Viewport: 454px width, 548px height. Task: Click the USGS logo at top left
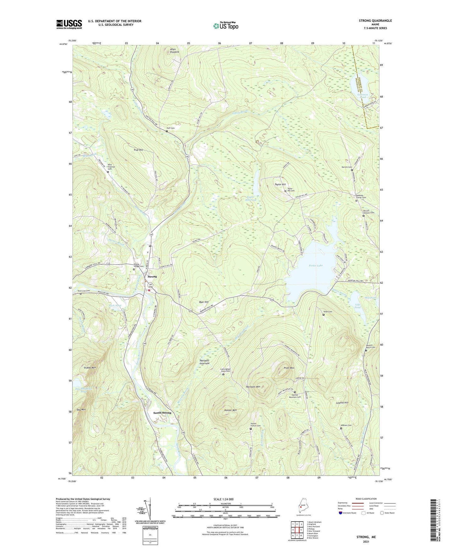[69, 24]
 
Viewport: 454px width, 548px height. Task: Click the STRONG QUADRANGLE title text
[375, 21]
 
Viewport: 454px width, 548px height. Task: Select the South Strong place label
[162, 413]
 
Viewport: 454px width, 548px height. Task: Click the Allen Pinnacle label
[174, 51]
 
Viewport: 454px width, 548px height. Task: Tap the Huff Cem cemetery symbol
[167, 132]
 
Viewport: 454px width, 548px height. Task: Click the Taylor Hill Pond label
[251, 198]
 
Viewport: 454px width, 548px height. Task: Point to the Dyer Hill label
[204, 302]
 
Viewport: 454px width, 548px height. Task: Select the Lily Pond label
[358, 306]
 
